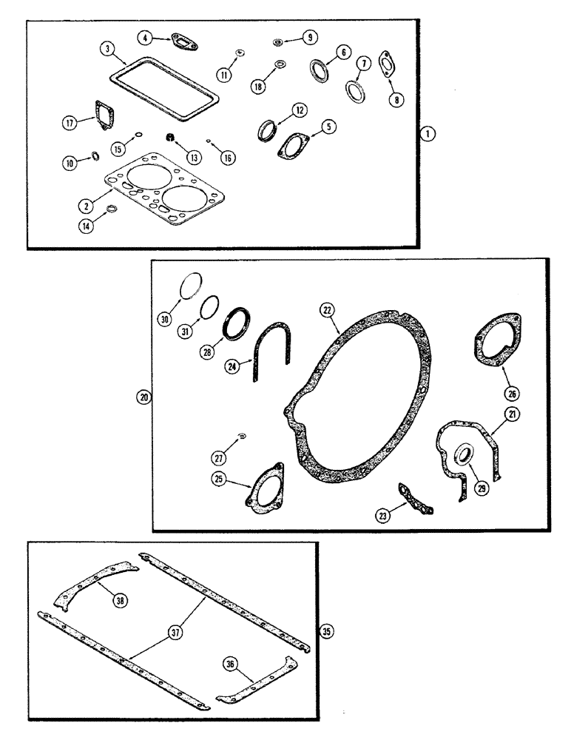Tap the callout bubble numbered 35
click(x=326, y=631)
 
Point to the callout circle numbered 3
click(x=108, y=50)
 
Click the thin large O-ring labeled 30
click(x=190, y=285)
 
